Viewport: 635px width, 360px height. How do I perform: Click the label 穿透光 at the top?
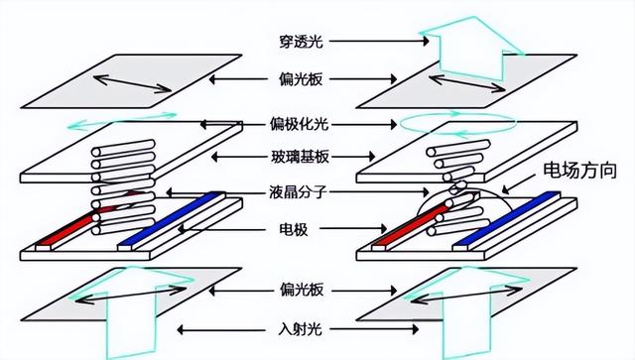pyautogui.click(x=302, y=42)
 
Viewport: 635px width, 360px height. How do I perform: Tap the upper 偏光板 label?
pyautogui.click(x=301, y=79)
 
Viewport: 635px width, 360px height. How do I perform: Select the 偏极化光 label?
pyautogui.click(x=300, y=124)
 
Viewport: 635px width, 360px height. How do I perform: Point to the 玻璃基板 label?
pyautogui.click(x=300, y=157)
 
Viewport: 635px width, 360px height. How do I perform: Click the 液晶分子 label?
pyautogui.click(x=298, y=192)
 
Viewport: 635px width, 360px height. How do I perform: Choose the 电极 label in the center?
pyautogui.click(x=294, y=229)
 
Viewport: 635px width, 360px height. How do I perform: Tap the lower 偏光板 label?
pyautogui.click(x=302, y=290)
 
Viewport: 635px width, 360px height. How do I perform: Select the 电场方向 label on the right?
pyautogui.click(x=579, y=171)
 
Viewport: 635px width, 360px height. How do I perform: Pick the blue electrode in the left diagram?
pyautogui.click(x=170, y=219)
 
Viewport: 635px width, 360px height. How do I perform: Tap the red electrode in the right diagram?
pyautogui.click(x=409, y=227)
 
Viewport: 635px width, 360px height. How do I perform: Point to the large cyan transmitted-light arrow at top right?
pyautogui.click(x=471, y=49)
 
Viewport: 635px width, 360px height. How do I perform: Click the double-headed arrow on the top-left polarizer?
pyautogui.click(x=132, y=83)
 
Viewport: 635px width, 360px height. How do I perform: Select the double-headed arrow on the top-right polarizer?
pyautogui.click(x=467, y=83)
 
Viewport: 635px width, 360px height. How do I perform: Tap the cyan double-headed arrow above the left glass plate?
pyautogui.click(x=121, y=121)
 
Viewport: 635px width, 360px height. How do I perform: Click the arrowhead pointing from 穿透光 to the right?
pyautogui.click(x=426, y=41)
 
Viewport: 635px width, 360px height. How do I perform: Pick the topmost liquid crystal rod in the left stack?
pyautogui.click(x=123, y=148)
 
